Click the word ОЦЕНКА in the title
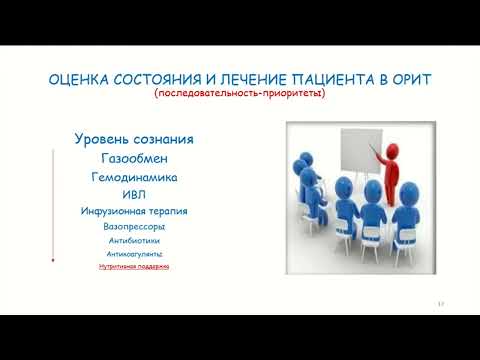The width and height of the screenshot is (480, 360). click(77, 81)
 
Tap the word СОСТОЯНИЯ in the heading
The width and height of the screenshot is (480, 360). click(156, 81)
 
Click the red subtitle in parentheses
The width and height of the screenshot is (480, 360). click(240, 95)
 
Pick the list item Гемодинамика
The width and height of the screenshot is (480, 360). click(134, 176)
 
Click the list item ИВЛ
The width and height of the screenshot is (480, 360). click(134, 194)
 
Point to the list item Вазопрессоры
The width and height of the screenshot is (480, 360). click(134, 227)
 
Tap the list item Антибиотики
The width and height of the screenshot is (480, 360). click(134, 241)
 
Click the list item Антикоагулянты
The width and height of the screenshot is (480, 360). click(134, 254)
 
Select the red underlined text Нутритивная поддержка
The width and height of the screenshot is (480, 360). click(134, 267)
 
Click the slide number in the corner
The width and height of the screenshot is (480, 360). click(441, 304)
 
